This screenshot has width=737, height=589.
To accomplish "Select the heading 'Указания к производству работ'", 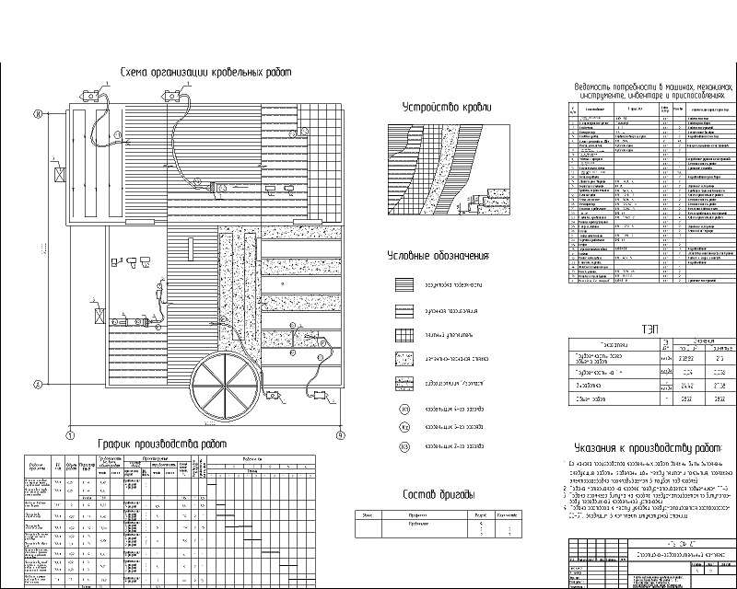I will point(647,447).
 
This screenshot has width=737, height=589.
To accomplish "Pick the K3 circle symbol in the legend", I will point(404,448).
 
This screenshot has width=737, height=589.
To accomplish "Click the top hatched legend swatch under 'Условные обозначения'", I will point(404,286).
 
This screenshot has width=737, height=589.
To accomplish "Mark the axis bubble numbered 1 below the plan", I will point(69,434).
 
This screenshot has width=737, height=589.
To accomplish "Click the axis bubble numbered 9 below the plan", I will point(340,434).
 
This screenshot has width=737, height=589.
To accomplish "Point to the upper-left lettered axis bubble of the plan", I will point(38,115).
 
